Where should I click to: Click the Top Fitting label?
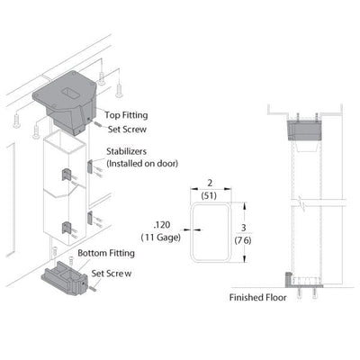(126, 115)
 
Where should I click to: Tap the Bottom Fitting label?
(106, 253)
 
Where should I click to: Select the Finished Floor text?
(258, 298)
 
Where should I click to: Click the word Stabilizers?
(127, 151)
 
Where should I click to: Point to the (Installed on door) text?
(142, 164)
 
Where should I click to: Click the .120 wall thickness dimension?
(162, 225)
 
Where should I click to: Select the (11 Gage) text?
(161, 238)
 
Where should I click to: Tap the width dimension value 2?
(210, 183)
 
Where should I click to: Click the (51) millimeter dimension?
(209, 195)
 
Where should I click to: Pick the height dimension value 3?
(244, 228)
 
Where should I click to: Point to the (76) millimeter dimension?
(243, 240)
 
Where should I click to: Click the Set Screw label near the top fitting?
(127, 130)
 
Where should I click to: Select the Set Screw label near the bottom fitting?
(112, 274)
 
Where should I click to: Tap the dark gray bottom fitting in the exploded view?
(64, 278)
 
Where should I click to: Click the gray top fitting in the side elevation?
(304, 130)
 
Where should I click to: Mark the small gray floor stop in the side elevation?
(288, 279)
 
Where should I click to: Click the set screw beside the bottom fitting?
(92, 288)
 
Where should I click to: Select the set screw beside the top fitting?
(98, 123)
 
